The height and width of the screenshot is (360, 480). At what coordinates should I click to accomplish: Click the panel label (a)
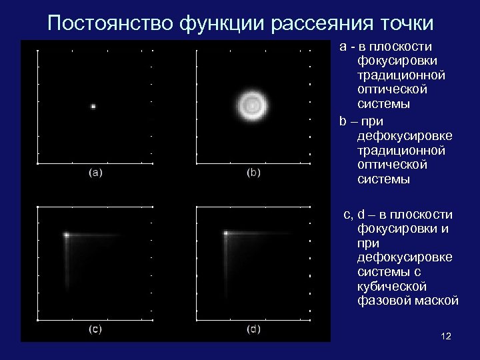[x=95, y=173]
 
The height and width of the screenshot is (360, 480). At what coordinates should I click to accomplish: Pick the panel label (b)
[x=254, y=173]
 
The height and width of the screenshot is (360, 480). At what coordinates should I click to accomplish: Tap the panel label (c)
[x=95, y=329]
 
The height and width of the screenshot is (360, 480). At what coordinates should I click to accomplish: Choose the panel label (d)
[x=254, y=329]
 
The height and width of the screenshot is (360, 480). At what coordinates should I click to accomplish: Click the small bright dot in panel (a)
[x=94, y=105]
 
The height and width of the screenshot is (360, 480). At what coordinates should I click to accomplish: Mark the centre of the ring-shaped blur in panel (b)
[x=253, y=104]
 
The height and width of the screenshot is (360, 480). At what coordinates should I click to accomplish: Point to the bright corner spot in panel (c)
[x=67, y=235]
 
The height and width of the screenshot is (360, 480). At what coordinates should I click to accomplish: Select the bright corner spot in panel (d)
[x=226, y=233]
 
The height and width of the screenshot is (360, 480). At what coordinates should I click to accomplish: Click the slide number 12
[x=446, y=336]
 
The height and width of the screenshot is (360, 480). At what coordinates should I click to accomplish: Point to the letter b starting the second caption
[x=343, y=121]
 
